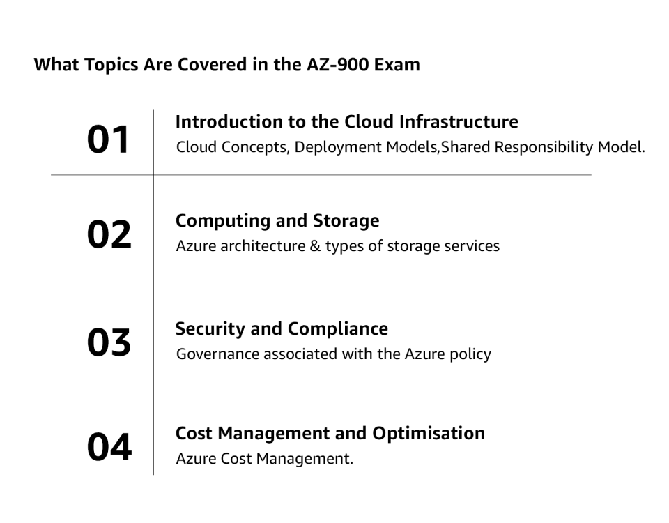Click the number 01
pyautogui.click(x=109, y=139)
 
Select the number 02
pyautogui.click(x=109, y=234)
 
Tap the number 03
pyautogui.click(x=109, y=342)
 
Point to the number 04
pyautogui.click(x=109, y=447)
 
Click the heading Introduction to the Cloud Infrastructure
pyautogui.click(x=346, y=122)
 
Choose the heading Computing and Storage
pyautogui.click(x=277, y=221)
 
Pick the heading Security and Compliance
pyautogui.click(x=282, y=328)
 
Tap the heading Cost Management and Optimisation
pyautogui.click(x=330, y=433)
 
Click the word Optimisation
pyautogui.click(x=429, y=433)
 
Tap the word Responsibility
pyautogui.click(x=541, y=148)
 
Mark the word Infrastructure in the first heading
pyautogui.click(x=459, y=122)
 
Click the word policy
pyautogui.click(x=469, y=354)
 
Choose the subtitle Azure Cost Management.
pyautogui.click(x=264, y=459)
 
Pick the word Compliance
pyautogui.click(x=338, y=328)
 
